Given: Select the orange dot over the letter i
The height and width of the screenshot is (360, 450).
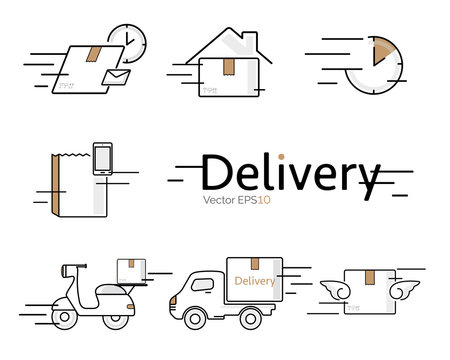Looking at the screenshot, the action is [x=283, y=156].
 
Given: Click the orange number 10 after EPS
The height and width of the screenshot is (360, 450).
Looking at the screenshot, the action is [x=264, y=200].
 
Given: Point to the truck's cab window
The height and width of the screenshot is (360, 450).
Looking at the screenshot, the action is [x=200, y=284].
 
